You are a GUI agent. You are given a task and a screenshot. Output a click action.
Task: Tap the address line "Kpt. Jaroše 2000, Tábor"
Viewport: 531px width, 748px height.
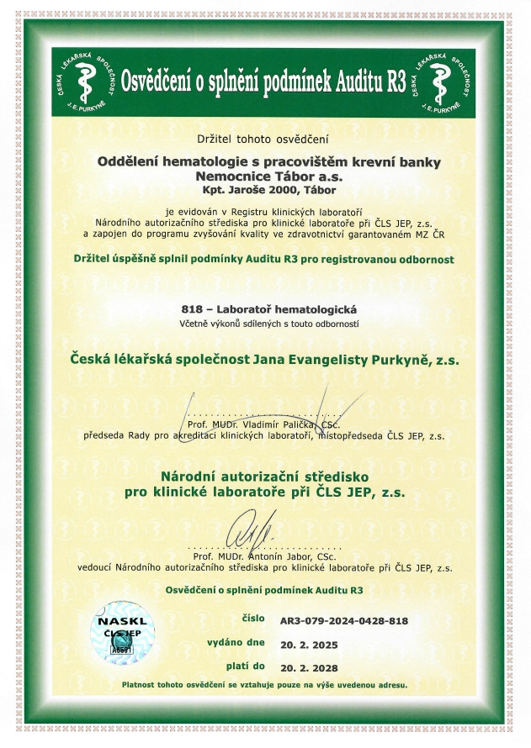[265, 190]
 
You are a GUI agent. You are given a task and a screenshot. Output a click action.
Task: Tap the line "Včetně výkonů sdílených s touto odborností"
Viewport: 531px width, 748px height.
[265, 323]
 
